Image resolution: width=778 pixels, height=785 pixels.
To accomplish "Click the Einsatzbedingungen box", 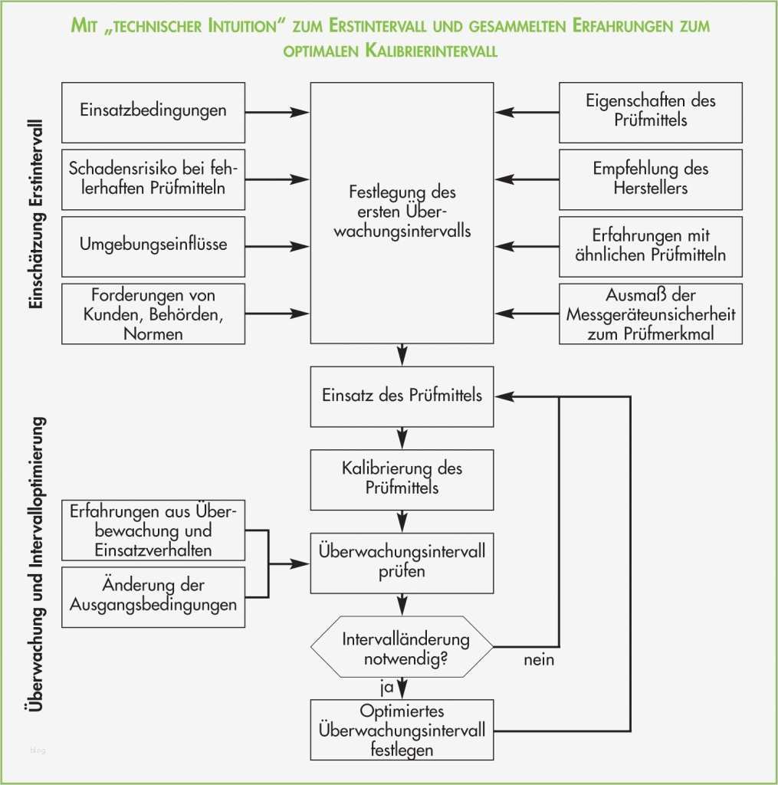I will pyautogui.click(x=153, y=112).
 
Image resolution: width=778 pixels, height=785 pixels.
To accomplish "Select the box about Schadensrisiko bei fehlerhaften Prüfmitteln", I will pyautogui.click(x=153, y=179).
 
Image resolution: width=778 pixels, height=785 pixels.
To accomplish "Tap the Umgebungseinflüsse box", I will pyautogui.click(x=153, y=246).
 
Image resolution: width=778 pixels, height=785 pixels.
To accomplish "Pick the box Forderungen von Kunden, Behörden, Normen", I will pyautogui.click(x=153, y=314).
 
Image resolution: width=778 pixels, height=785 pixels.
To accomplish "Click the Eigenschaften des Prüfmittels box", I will pyautogui.click(x=651, y=112).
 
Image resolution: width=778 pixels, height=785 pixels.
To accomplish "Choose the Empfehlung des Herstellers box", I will pyautogui.click(x=651, y=179).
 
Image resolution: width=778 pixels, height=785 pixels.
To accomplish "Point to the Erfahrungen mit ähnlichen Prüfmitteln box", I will pyautogui.click(x=651, y=246).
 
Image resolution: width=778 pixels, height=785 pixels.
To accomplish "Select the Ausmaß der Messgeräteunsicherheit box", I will pyautogui.click(x=651, y=314).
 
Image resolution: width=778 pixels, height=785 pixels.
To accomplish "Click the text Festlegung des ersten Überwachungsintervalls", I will pyautogui.click(x=402, y=211).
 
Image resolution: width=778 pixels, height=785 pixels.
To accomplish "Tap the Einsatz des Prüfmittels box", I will pyautogui.click(x=402, y=396).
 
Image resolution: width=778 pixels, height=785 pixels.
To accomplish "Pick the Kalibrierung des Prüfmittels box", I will pyautogui.click(x=402, y=479).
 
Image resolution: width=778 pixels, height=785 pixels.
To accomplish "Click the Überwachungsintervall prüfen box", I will pyautogui.click(x=402, y=562).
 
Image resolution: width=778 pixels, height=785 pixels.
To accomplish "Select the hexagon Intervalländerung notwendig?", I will pyautogui.click(x=402, y=646).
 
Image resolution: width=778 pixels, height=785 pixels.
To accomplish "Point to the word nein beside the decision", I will pyautogui.click(x=540, y=659).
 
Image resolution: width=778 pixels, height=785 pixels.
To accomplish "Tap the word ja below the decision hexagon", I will pyautogui.click(x=386, y=686).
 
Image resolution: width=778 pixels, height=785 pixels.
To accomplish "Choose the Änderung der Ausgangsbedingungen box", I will pyautogui.click(x=153, y=596).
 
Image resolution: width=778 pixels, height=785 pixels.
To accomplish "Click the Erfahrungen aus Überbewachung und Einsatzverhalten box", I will pyautogui.click(x=153, y=530).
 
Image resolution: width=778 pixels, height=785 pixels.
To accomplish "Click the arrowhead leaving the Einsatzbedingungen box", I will pyautogui.click(x=300, y=112).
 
